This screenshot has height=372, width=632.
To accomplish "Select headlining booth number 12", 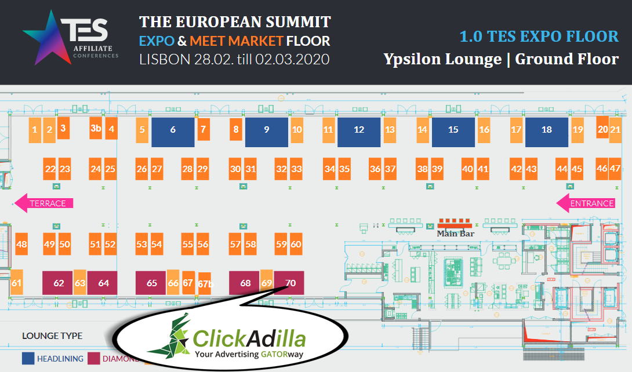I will pyautogui.click(x=359, y=130).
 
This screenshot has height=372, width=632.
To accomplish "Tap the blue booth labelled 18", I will pyautogui.click(x=546, y=130).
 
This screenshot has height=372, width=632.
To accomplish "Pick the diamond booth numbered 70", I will pyautogui.click(x=290, y=283).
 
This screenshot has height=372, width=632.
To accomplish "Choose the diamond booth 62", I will pyautogui.click(x=58, y=283).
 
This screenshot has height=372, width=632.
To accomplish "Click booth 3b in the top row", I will pyautogui.click(x=96, y=129).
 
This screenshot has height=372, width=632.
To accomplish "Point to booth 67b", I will pyautogui.click(x=205, y=284).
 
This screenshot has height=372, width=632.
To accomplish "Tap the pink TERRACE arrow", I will pyautogui.click(x=44, y=203).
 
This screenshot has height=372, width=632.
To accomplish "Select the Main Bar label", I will pyautogui.click(x=455, y=234).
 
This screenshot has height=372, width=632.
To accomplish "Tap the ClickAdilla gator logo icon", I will pyautogui.click(x=168, y=334).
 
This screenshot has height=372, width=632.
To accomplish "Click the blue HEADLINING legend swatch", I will pyautogui.click(x=27, y=359).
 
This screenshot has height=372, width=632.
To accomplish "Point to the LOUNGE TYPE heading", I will pyautogui.click(x=52, y=335).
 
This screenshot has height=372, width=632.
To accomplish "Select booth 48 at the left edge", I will pyautogui.click(x=21, y=244).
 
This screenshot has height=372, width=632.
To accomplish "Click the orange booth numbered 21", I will pyautogui.click(x=615, y=129).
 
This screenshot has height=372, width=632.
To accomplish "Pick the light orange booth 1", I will pyautogui.click(x=35, y=130).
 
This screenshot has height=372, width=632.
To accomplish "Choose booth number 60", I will pyautogui.click(x=296, y=244).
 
